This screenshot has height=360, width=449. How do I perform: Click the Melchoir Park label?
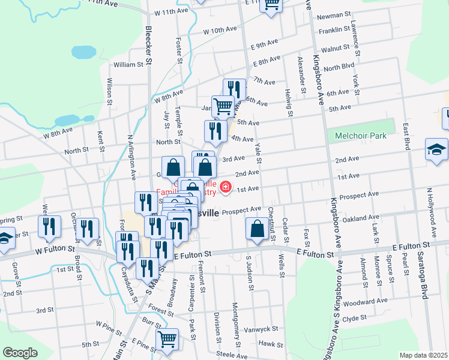pos(361,136)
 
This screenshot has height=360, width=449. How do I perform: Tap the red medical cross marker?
pos(226,188)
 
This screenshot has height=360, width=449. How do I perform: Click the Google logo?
pos(20,353)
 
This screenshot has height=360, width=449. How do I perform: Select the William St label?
pos(128,64)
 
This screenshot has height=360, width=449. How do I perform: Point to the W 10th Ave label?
pos(220,30)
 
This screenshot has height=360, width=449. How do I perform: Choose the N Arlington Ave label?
pos(130,158)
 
